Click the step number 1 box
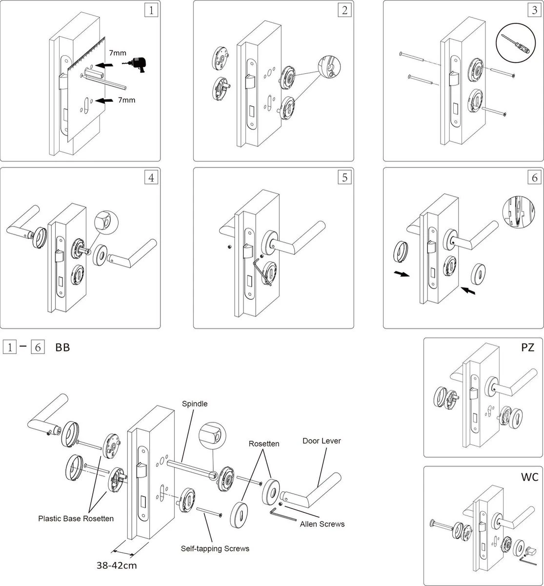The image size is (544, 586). pos(151,11)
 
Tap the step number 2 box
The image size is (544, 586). pos(344,11)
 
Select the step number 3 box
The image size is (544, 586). pos(534,11)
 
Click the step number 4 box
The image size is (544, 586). pos(151,178)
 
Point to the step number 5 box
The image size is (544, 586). pos(344,178)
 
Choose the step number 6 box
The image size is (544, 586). pos(534,178)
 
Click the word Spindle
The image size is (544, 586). pos(195,404)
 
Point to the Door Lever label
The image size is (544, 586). pos(322,441)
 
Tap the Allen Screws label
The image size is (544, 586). pos(322,524)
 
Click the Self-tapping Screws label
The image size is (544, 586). pos(215,548)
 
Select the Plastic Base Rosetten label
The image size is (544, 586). pos(76,519)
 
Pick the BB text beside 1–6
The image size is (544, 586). pos(62,348)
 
